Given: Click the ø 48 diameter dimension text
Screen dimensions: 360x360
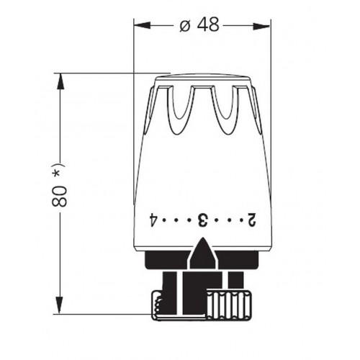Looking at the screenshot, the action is tap(199, 24).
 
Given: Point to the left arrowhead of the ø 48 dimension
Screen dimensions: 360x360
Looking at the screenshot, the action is tap(142, 25).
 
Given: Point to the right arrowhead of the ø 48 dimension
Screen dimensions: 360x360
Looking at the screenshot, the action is tap(261, 26).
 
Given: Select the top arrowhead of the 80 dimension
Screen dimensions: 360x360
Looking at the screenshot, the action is tap(60, 82).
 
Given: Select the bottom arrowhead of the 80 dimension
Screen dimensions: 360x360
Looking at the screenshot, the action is tap(59, 305).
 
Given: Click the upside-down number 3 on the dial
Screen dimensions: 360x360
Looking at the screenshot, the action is tap(202, 220).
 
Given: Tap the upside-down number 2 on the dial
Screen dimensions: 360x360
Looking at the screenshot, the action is tap(252, 220).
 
